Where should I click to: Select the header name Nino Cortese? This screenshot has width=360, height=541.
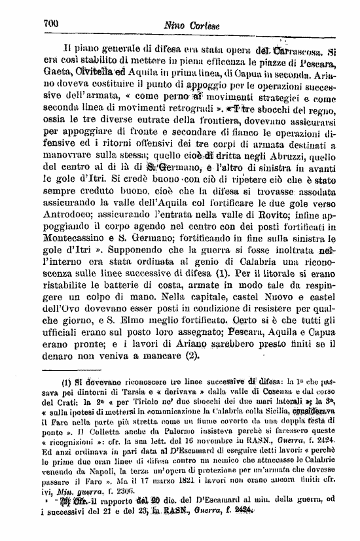coord(190,26)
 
